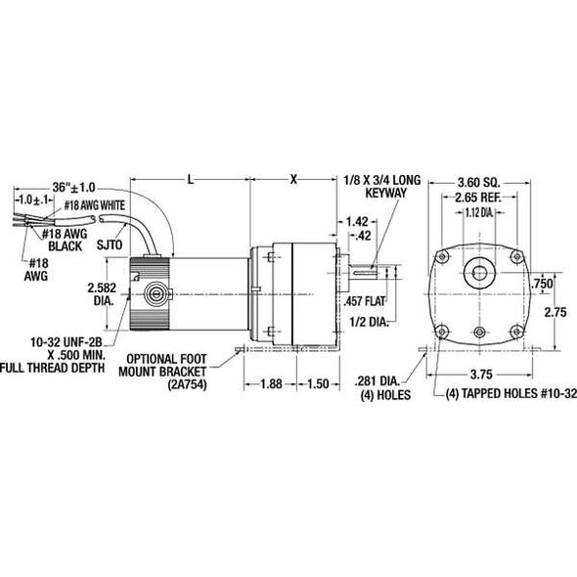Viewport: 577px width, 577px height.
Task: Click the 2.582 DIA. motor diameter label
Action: tap(105, 294)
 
